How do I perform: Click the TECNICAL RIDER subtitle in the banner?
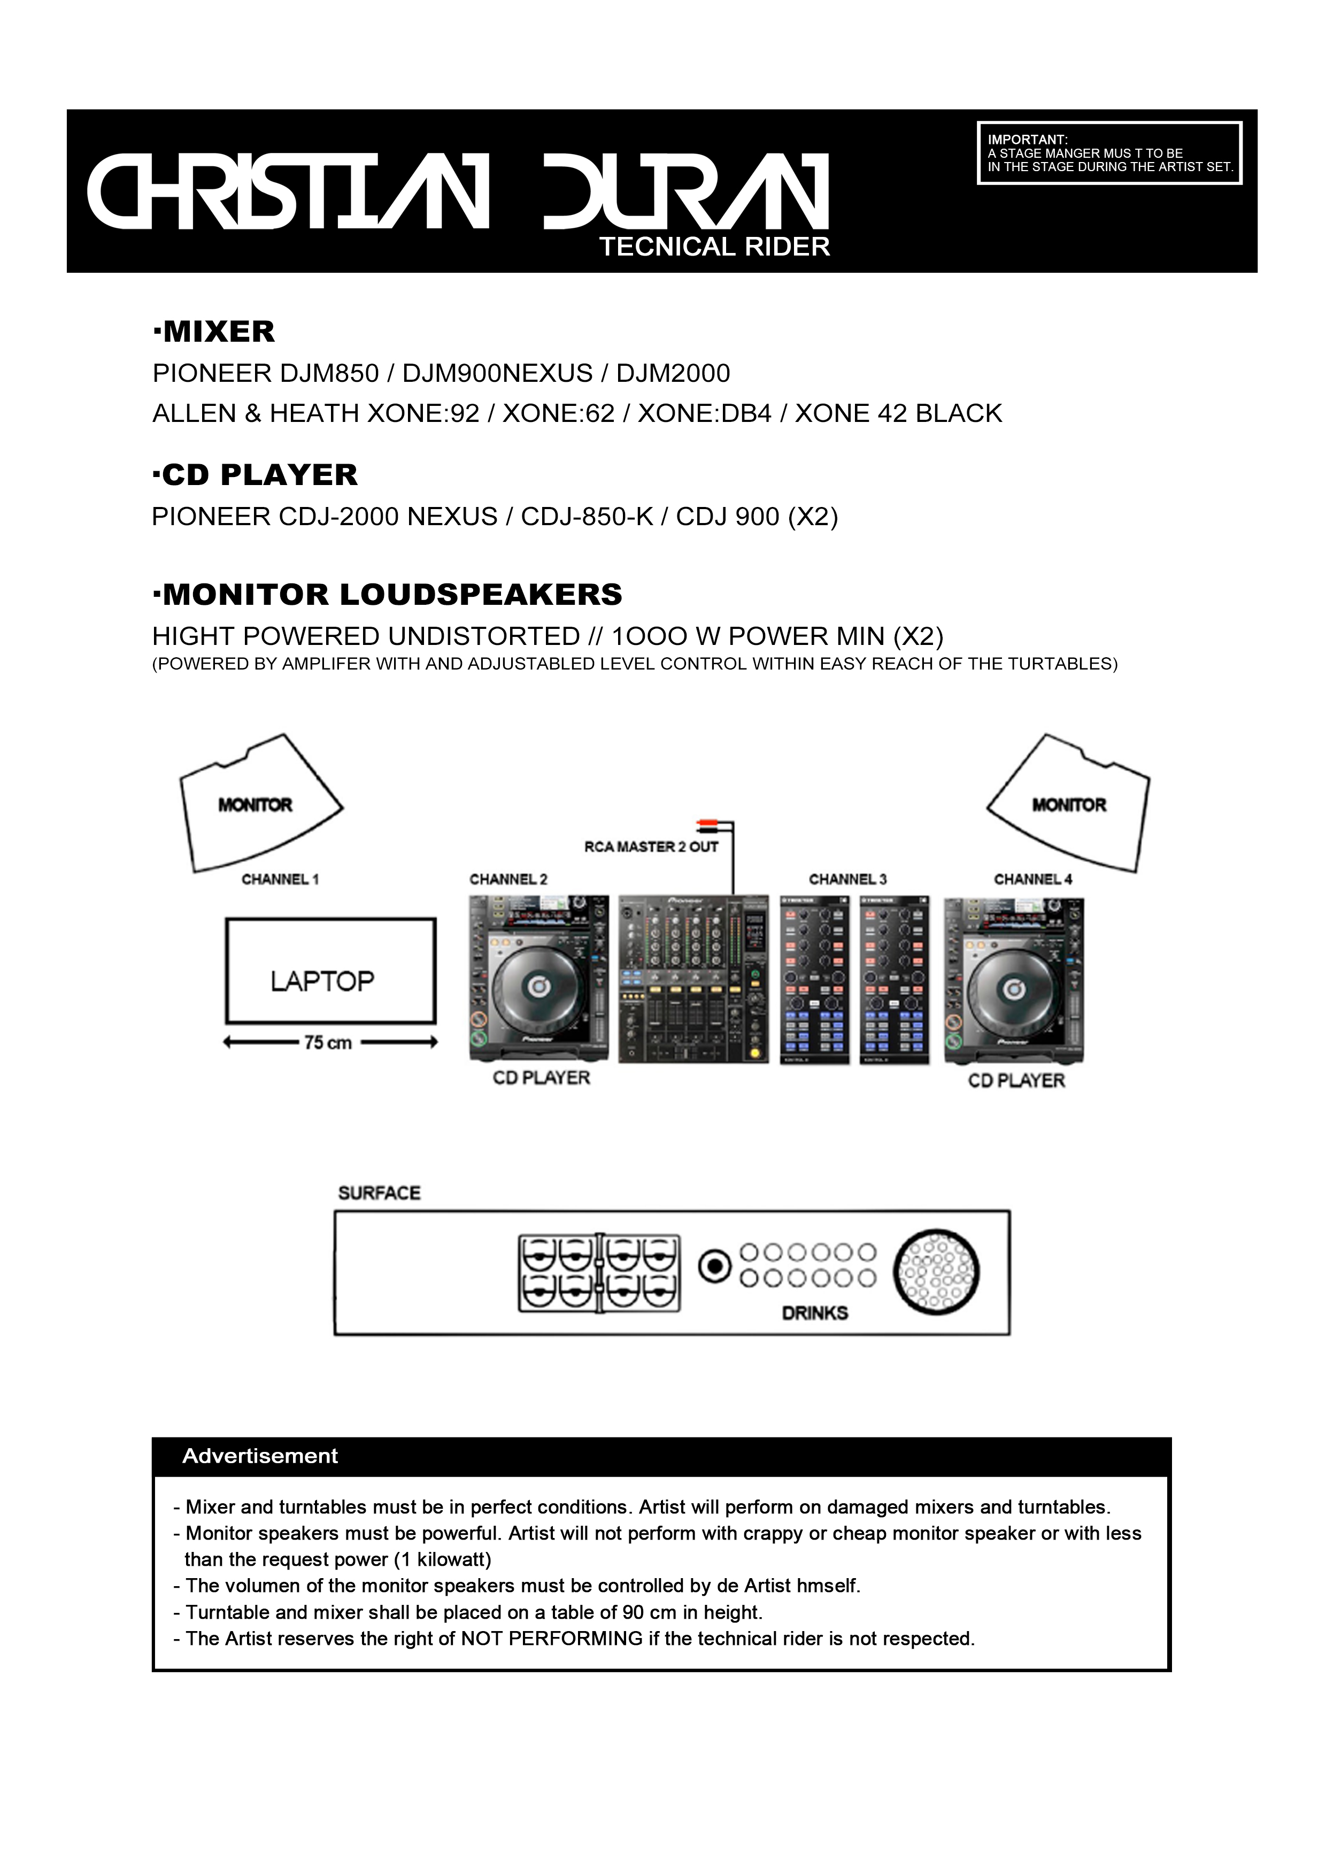point(714,247)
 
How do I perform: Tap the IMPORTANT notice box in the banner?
point(1109,153)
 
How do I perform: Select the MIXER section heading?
point(214,332)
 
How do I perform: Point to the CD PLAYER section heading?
point(255,475)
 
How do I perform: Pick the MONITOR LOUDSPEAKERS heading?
point(387,594)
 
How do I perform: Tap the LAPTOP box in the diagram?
point(330,970)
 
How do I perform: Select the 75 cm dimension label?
point(328,1043)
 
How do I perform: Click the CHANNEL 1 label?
point(280,879)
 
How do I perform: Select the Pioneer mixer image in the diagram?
point(693,978)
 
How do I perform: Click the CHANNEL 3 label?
point(847,879)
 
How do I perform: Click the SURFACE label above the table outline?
point(379,1193)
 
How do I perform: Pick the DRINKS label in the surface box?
point(814,1313)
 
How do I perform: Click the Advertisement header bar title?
point(260,1455)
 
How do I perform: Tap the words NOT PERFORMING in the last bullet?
point(551,1638)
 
